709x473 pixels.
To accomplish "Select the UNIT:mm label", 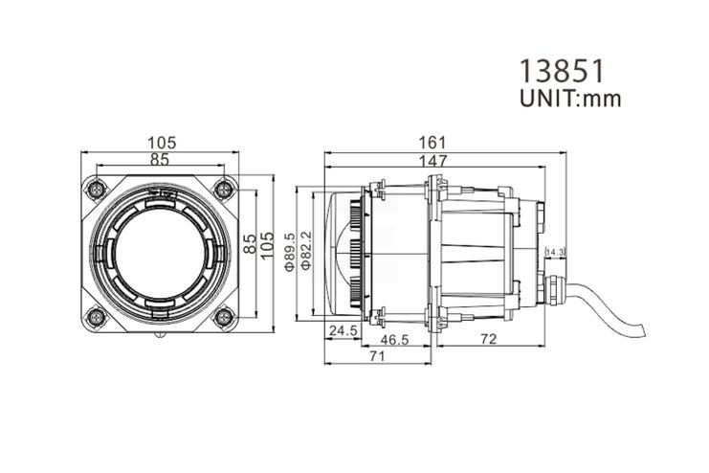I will click(x=568, y=99).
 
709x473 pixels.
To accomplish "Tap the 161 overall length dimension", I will click(x=443, y=143).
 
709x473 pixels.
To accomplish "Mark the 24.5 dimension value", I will click(x=343, y=331).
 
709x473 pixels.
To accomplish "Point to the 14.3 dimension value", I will click(x=555, y=252).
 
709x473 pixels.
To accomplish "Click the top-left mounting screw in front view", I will click(x=96, y=188).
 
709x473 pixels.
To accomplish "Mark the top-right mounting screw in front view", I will click(x=223, y=188).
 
